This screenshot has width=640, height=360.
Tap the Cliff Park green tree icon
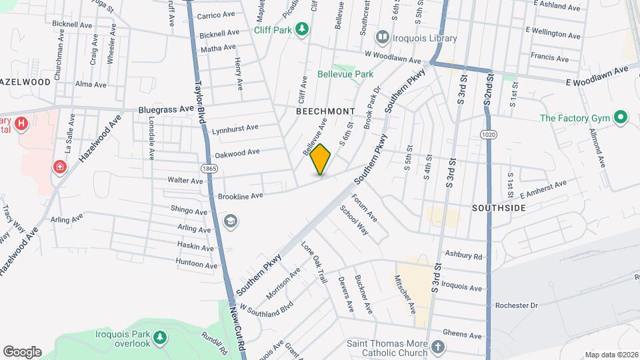tap(303, 29)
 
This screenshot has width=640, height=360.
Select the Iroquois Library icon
tap(383, 38)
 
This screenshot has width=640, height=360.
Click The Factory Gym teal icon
tap(621, 118)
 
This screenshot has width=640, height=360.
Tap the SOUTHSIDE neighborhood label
tap(499, 208)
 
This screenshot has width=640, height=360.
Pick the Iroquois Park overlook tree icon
tap(160, 339)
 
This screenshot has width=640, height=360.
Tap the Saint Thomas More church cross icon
tap(437, 347)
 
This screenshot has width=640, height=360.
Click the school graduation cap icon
tap(231, 221)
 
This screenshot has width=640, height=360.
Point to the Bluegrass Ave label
tap(165, 109)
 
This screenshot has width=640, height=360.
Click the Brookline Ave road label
tap(240, 195)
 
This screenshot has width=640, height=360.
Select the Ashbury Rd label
tap(464, 255)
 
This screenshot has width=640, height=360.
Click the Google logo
tap(22, 351)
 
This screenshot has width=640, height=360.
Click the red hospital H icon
tap(22, 123)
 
